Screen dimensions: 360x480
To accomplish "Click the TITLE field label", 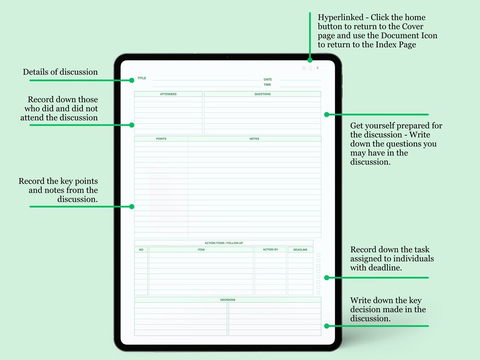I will [x=141, y=79].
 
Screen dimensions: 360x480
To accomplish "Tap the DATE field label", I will [x=267, y=80].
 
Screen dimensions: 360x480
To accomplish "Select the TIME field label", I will [x=267, y=85].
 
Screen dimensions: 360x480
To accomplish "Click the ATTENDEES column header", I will [x=168, y=94].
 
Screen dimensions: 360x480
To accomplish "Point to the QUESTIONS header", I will [x=262, y=94].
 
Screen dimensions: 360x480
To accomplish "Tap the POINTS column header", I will [x=161, y=139].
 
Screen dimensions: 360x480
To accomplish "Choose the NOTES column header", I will [x=254, y=139].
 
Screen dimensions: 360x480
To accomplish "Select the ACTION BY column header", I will [x=270, y=249].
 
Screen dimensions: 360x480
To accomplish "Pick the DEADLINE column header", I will [x=300, y=249].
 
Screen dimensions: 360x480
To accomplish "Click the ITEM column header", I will [x=201, y=249].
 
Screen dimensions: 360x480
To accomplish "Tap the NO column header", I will [x=141, y=249].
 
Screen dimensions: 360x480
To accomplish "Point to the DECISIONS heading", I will [x=227, y=300].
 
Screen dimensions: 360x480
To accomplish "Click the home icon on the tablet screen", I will [x=303, y=68].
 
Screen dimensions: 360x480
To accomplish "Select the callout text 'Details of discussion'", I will [x=60, y=72].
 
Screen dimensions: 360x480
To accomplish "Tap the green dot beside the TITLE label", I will [x=132, y=80].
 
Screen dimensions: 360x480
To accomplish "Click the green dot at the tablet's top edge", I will [x=310, y=59].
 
